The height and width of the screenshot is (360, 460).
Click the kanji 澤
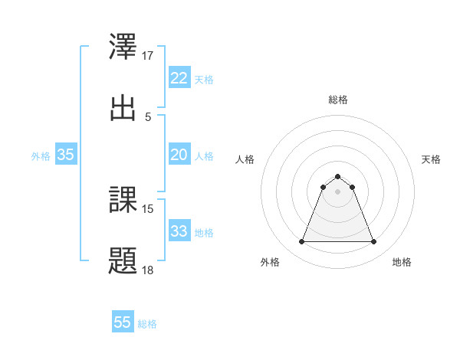coord(123,47)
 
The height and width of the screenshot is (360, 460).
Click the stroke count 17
coord(148,56)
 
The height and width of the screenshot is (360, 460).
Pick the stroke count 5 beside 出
coord(148,116)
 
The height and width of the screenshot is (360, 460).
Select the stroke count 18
coord(148,270)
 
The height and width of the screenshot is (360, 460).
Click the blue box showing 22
coord(179,78)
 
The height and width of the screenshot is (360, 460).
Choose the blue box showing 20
coord(179,155)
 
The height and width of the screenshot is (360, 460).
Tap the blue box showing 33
coord(179,231)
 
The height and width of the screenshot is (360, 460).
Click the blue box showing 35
coord(66,155)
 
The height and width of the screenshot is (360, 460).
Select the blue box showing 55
coord(123,322)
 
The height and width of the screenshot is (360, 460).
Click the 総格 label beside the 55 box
coord(147,324)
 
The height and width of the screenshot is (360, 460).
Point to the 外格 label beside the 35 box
coord(41,156)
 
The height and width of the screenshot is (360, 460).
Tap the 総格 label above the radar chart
coord(337,100)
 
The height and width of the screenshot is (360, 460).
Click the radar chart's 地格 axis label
coord(402,262)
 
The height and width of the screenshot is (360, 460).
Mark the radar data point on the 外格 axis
coord(301,242)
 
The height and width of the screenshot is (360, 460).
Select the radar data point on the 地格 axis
coord(374,242)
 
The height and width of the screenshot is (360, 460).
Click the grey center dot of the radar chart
coord(337,191)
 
